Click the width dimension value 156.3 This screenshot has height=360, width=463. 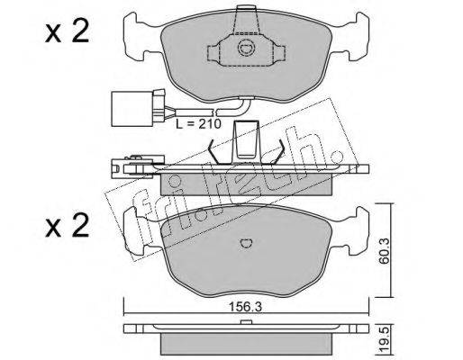(x=246, y=307)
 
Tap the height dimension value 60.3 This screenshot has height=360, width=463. (x=384, y=250)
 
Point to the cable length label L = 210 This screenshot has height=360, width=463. (x=198, y=123)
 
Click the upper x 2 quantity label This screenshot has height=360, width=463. (x=67, y=32)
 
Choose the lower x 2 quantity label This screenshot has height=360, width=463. (x=67, y=226)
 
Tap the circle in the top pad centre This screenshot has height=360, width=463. (x=246, y=48)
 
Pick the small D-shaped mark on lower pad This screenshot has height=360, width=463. (x=246, y=243)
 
